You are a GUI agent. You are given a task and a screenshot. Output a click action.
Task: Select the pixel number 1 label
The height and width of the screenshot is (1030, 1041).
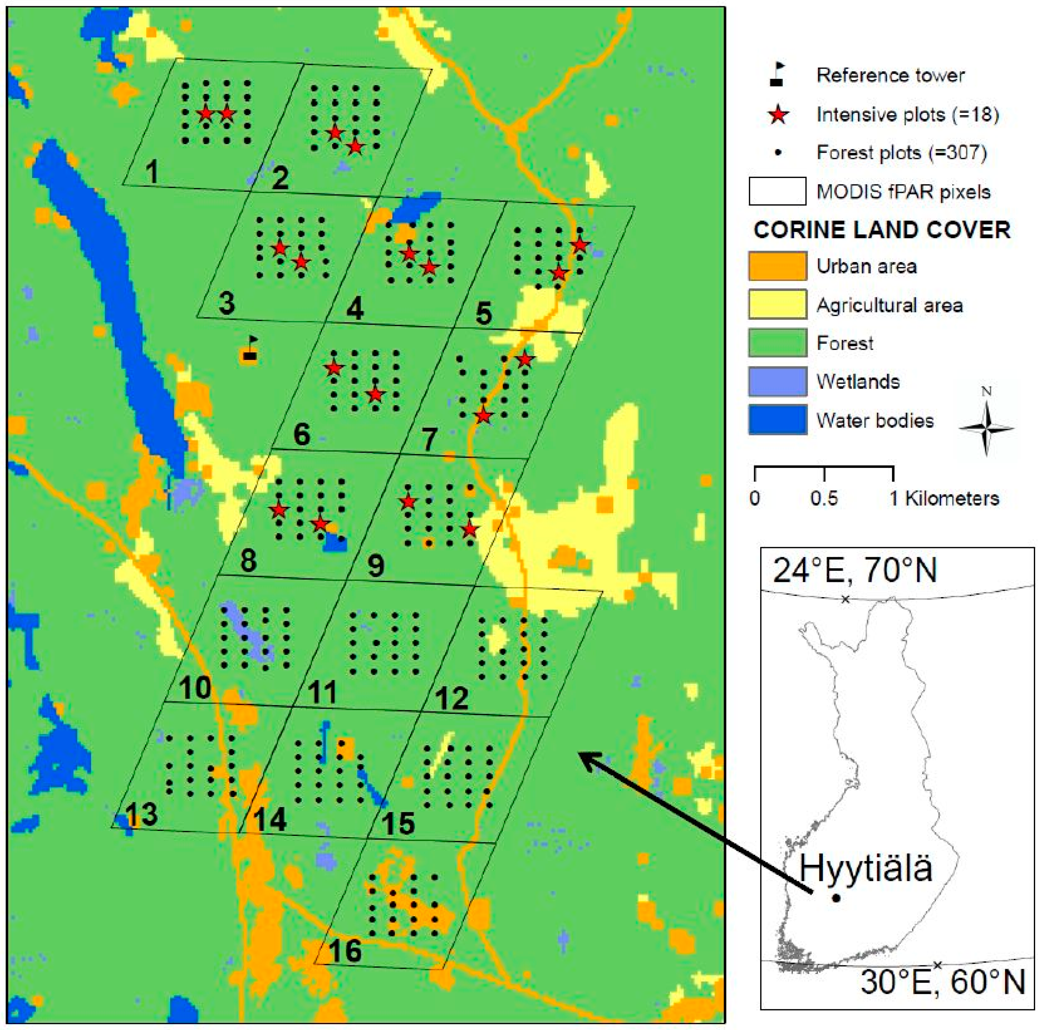(x=152, y=172)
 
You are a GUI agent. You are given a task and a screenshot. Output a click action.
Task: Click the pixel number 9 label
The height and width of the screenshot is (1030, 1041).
(x=375, y=566)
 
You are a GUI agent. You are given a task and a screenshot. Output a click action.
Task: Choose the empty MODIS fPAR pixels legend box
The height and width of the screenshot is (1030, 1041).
(x=777, y=191)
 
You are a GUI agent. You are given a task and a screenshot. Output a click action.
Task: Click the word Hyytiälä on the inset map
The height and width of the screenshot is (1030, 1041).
(x=865, y=869)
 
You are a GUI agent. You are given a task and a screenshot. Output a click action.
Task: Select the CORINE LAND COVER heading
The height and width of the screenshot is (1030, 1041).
(x=881, y=230)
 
